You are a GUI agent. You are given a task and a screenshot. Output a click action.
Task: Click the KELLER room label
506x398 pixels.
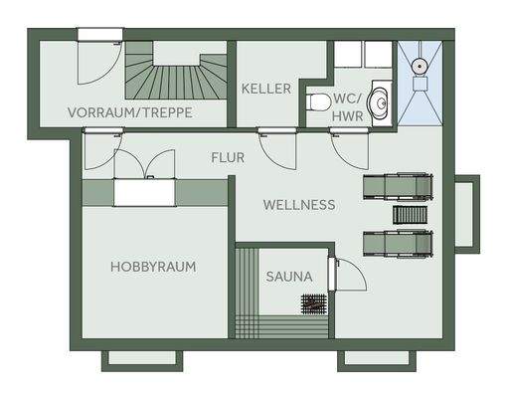tap(266, 89)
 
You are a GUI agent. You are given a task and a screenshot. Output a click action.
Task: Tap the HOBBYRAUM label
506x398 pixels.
tap(152, 267)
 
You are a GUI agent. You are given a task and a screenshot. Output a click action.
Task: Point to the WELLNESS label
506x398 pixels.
tap(298, 205)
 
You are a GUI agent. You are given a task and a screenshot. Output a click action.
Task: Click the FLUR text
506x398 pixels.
tap(228, 157)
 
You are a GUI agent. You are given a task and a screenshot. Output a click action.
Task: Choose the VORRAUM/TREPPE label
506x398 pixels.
tap(130, 112)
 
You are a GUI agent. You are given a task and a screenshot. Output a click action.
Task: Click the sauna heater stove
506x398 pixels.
tap(315, 304)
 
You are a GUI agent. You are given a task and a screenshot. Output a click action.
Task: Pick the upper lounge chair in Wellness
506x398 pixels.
tap(398, 186)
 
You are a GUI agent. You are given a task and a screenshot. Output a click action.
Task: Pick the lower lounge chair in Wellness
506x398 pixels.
tap(398, 242)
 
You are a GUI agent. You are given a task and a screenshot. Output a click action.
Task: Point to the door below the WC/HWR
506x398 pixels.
tap(348, 149)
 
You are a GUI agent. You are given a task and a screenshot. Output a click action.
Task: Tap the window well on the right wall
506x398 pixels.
tap(467, 213)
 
